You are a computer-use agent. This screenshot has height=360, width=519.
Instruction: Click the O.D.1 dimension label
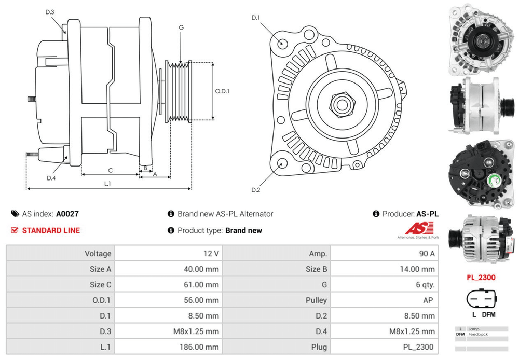click(x=222, y=91)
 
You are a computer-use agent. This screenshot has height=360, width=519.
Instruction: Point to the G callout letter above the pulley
click(x=181, y=27)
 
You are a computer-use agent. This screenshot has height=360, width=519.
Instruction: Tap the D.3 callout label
click(x=50, y=11)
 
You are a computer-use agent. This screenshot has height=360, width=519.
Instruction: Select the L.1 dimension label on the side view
click(x=107, y=184)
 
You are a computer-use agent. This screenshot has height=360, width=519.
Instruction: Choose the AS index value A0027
click(x=67, y=214)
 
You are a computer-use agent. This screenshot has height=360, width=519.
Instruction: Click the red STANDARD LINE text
click(x=51, y=230)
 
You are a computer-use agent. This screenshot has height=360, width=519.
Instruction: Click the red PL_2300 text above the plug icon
click(x=481, y=277)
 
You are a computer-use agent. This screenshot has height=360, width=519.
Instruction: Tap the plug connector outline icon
click(x=481, y=299)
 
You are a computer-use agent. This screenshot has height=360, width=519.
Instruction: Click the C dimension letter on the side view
click(x=111, y=170)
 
